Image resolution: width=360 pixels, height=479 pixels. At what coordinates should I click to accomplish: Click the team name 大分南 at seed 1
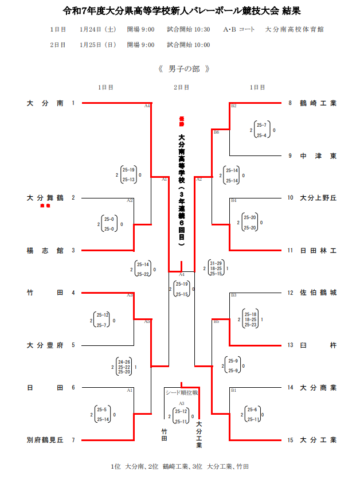(x=45, y=103)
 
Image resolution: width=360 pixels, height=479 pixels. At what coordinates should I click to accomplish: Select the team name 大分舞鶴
(x=45, y=198)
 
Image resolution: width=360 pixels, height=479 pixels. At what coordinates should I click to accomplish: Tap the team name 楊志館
(x=45, y=251)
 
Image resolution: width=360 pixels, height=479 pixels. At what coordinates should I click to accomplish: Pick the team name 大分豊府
(x=45, y=345)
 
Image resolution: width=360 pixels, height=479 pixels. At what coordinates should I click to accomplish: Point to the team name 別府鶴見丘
(x=45, y=440)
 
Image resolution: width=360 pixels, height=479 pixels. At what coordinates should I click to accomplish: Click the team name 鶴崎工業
(x=318, y=103)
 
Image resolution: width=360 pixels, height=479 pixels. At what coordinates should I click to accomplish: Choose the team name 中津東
(x=318, y=155)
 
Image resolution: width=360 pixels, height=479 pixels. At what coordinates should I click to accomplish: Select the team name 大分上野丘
(x=318, y=198)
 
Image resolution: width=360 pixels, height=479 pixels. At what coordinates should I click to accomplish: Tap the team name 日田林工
(x=318, y=251)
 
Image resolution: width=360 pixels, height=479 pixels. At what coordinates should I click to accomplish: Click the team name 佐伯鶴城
(x=318, y=293)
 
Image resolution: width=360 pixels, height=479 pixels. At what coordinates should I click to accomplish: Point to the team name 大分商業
(x=318, y=387)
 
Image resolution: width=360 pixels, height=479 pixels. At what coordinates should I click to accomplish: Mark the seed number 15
(x=291, y=440)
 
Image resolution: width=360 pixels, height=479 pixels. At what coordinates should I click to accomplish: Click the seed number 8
(x=290, y=103)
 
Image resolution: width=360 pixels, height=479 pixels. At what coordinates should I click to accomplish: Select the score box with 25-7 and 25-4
(x=261, y=130)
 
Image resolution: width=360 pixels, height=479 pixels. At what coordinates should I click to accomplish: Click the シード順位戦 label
(x=181, y=393)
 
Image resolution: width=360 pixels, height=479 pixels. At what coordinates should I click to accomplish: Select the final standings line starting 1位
(x=179, y=466)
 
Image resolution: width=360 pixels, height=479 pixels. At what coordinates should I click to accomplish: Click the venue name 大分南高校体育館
(x=294, y=29)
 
